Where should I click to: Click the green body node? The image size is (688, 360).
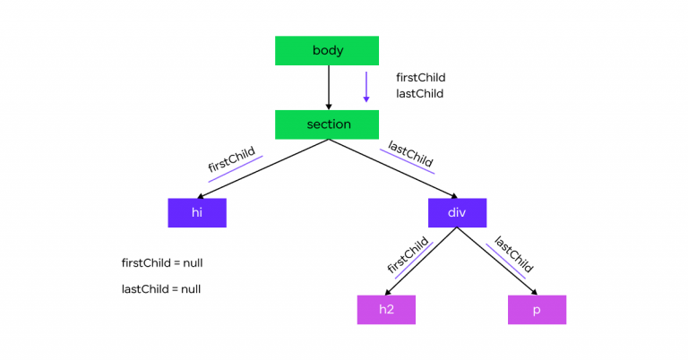(x=328, y=50)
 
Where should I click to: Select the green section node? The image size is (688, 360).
(x=328, y=124)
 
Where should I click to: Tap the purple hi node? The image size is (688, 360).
(x=197, y=212)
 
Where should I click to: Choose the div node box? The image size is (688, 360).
(x=457, y=212)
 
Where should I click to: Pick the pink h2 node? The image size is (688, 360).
(x=386, y=309)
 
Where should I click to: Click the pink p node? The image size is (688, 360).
(x=537, y=309)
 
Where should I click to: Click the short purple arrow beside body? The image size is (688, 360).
(x=365, y=87)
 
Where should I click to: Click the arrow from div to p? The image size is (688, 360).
(x=497, y=261)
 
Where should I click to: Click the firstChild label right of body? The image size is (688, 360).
(x=420, y=78)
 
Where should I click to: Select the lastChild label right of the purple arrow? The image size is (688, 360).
(x=419, y=93)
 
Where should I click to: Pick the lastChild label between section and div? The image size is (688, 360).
(x=411, y=153)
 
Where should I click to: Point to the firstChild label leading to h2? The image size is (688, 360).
(x=408, y=254)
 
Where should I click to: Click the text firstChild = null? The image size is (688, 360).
(x=168, y=262)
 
